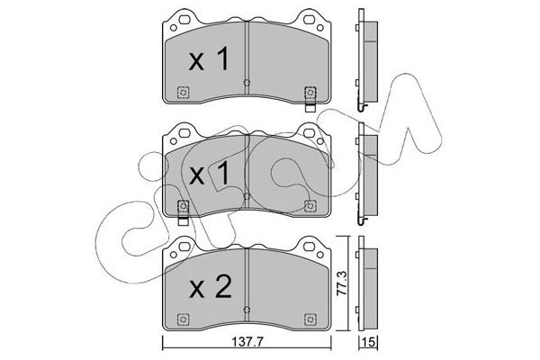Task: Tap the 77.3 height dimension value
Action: (x=342, y=283)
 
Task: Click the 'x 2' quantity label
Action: (x=211, y=289)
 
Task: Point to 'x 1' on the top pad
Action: (x=209, y=59)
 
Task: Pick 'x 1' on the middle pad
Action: (x=209, y=174)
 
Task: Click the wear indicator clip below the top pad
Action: (x=310, y=108)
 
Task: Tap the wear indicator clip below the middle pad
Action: (x=183, y=221)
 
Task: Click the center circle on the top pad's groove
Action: (x=247, y=83)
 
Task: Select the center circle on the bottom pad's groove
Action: (x=247, y=310)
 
